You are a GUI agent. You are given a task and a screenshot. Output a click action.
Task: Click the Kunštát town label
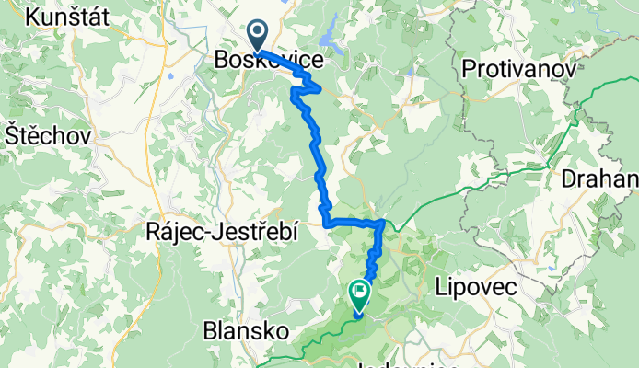[70, 17]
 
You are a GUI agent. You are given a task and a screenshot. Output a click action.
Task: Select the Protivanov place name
[518, 69]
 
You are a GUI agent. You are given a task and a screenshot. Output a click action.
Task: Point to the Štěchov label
[47, 134]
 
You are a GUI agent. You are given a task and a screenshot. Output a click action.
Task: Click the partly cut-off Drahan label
[602, 177]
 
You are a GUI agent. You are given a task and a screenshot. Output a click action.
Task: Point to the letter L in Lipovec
[440, 288]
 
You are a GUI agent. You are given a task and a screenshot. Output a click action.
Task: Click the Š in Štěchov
[12, 134]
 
